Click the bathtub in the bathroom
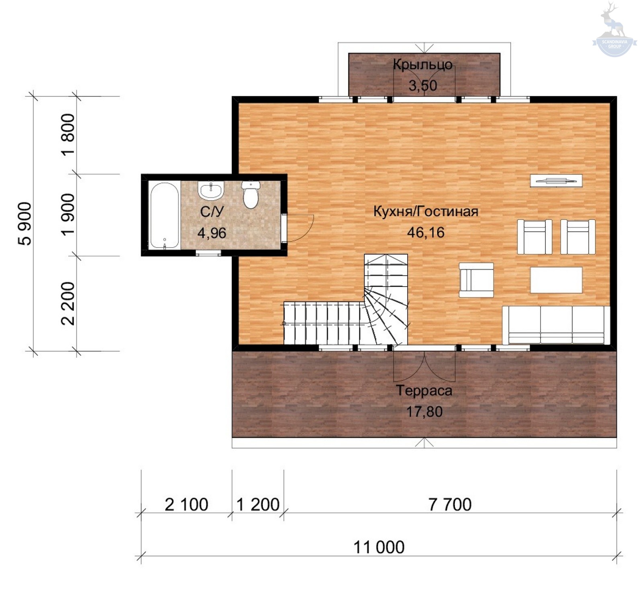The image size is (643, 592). point(164,215)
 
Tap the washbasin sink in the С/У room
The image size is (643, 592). point(211,190)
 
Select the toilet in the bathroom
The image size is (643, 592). point(251,195)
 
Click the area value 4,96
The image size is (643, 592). point(212,233)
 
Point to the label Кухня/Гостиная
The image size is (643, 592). point(426,211)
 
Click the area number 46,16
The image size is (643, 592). point(426,232)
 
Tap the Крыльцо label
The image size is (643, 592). point(423,65)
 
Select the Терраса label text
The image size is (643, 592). point(424,391)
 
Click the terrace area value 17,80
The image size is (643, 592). point(424,412)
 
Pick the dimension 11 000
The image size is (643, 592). point(379,547)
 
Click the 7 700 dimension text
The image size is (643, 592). point(450,505)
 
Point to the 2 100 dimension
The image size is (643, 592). point(186,505)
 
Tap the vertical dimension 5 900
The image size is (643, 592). point(25,223)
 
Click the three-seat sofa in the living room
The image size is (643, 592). point(556,325)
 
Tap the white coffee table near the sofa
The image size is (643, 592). point(556,280)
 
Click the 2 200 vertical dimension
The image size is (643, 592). point(68,303)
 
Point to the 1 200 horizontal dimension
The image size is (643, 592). point(258,505)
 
